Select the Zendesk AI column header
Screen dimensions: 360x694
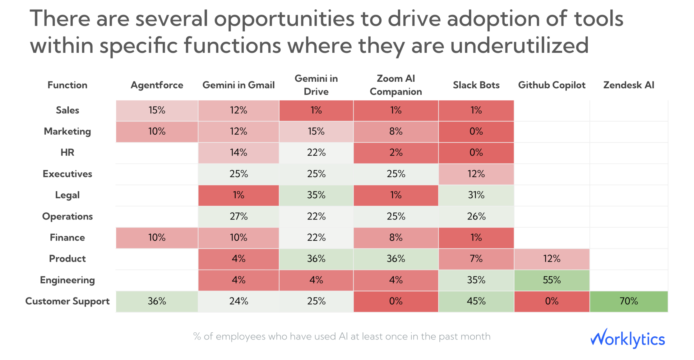coord(629,85)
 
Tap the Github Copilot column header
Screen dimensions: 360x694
coord(552,85)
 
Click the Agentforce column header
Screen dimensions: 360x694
coord(157,85)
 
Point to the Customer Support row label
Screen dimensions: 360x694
coord(67,301)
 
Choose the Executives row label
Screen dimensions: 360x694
coord(67,174)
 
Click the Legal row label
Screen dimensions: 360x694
coord(67,195)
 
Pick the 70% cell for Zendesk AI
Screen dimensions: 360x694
coord(629,301)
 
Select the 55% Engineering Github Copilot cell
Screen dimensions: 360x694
coord(552,280)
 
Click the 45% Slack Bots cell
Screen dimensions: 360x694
coord(476,301)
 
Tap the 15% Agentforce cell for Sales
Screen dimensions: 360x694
coord(157,110)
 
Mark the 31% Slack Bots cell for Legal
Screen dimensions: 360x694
coord(476,195)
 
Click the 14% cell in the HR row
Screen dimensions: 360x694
coord(238,153)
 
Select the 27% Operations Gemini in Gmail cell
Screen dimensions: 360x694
coord(238,216)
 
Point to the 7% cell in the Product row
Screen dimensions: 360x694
coord(476,259)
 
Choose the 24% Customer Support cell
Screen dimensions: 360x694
coord(238,301)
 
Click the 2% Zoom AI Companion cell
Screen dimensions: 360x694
coord(396,153)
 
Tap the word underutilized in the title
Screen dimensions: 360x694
coord(519,45)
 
